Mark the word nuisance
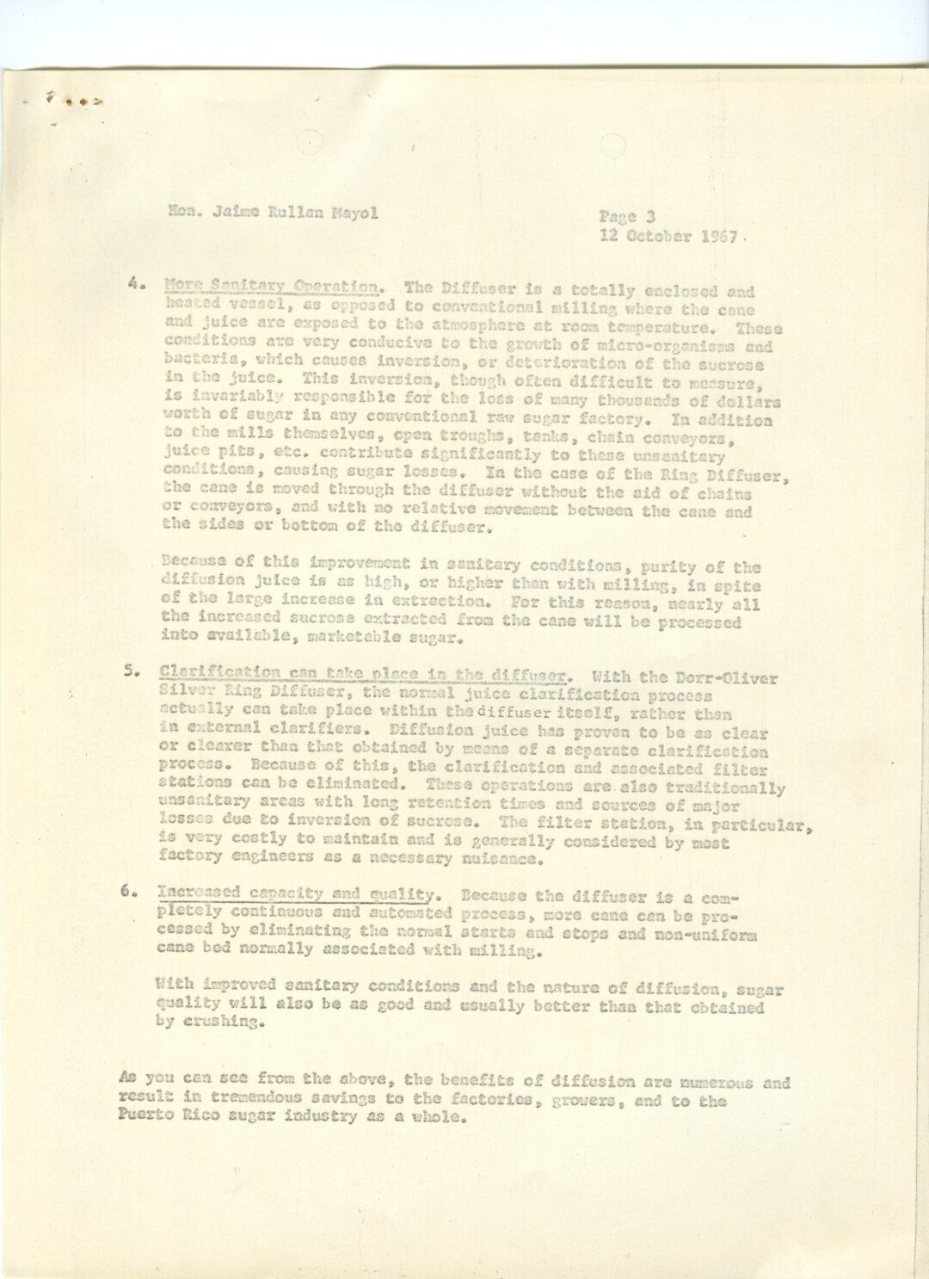coord(504,859)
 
